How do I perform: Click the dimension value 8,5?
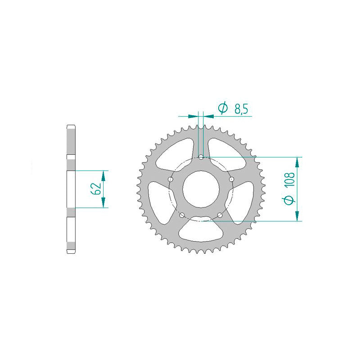241,108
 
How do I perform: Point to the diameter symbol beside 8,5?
222,108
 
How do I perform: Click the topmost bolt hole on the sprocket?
201,157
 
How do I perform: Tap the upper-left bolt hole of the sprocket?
171,179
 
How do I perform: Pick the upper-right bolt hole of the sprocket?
232,179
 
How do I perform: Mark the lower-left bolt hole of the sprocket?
182,215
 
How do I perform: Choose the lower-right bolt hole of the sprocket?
220,215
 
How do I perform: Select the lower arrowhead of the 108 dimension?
297,216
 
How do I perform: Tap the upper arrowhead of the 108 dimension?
297,161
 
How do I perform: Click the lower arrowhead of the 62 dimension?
104,203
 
